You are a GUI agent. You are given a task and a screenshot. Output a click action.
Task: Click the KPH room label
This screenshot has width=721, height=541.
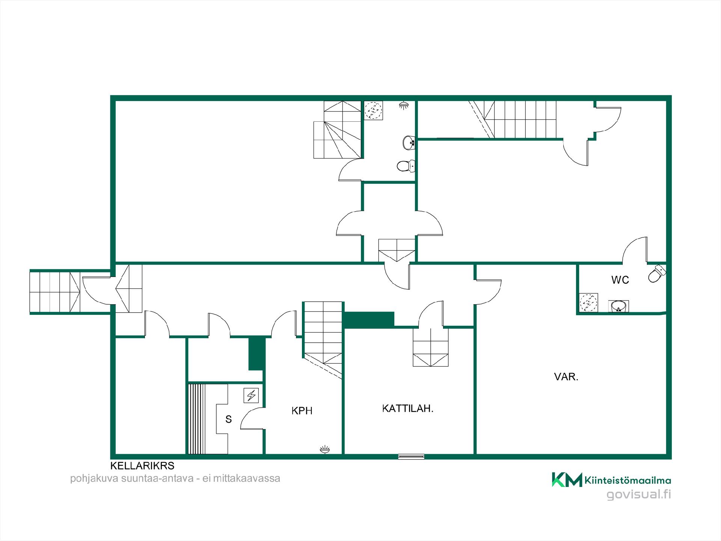click(x=302, y=411)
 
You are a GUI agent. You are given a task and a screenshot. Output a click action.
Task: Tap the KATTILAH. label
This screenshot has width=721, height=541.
click(x=408, y=408)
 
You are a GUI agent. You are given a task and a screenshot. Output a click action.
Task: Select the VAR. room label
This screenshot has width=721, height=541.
click(x=566, y=377)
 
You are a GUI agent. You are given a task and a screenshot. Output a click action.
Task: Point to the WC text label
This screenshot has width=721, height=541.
click(x=620, y=280)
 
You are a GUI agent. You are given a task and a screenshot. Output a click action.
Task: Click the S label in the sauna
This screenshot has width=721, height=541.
click(x=228, y=419)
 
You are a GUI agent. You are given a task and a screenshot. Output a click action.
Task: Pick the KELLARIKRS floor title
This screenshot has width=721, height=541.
click(x=142, y=466)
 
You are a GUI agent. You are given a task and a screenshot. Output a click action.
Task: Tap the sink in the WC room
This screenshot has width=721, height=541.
click(x=618, y=306)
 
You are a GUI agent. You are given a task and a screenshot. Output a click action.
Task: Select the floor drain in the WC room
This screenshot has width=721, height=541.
click(x=588, y=303)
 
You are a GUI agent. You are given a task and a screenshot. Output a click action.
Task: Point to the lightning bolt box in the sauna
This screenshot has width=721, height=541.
click(x=251, y=396)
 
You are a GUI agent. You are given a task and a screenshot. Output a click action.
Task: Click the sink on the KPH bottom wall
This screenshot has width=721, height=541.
click(x=325, y=450)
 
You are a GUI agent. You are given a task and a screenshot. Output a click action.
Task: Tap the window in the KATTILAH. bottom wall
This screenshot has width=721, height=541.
click(x=412, y=457)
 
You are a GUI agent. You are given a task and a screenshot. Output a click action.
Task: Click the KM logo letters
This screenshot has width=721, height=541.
click(x=567, y=480)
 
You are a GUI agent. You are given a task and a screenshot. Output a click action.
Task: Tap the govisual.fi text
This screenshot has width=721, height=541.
click(x=639, y=494)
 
